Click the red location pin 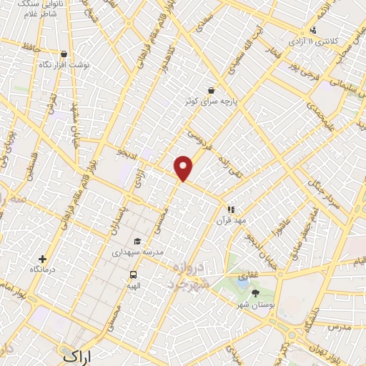(184, 167)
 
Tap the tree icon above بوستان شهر (256, 292)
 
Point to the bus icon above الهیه (133, 274)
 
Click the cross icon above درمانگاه (43, 259)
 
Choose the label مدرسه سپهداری (138, 252)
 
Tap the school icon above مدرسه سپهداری (137, 242)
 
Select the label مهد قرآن (231, 221)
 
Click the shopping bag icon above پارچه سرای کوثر (211, 91)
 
